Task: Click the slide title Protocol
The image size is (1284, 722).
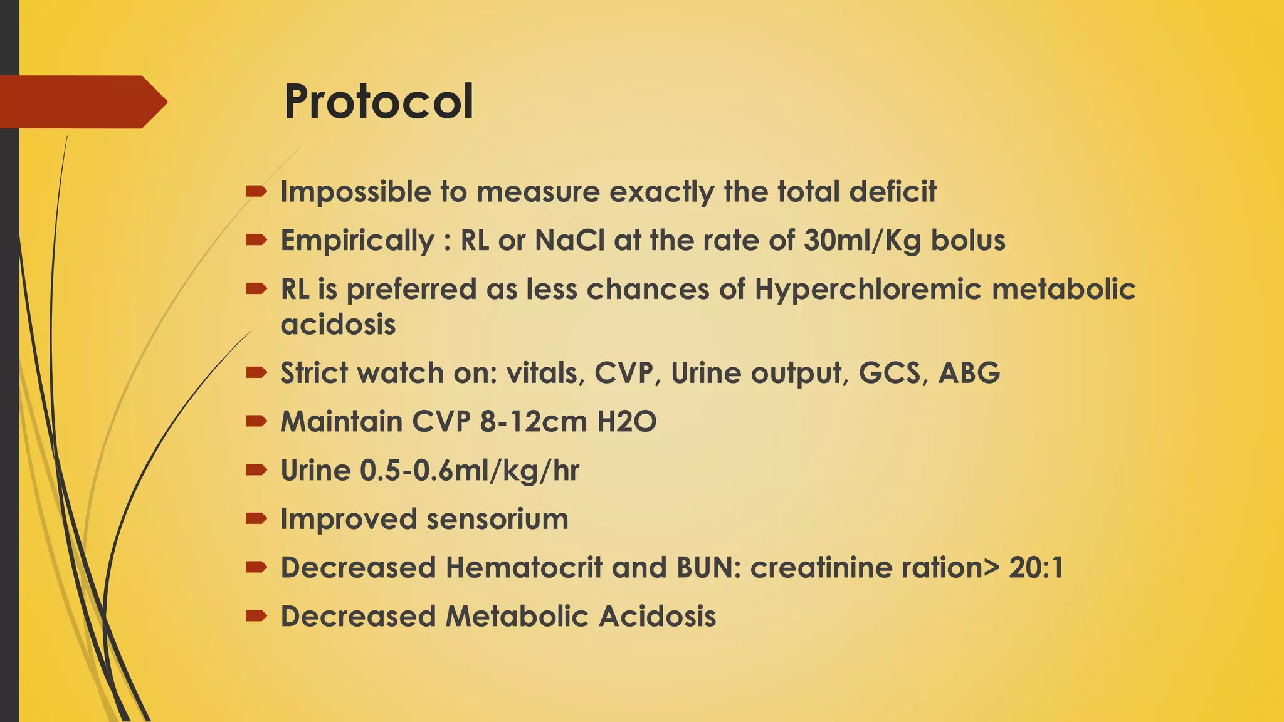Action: [x=379, y=102]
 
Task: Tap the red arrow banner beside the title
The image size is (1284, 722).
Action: [x=82, y=102]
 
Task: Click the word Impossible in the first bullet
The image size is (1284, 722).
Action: [x=355, y=192]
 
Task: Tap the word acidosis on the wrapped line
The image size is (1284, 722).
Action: [x=338, y=325]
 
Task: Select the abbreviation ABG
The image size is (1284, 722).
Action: [x=969, y=373]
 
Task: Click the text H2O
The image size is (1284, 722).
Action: [x=626, y=421]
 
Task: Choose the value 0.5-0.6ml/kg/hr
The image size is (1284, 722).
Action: [x=469, y=471]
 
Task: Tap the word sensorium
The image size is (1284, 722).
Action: [x=497, y=519]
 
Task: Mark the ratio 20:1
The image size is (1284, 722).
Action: [x=1036, y=568]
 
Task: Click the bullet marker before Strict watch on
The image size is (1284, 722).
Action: [x=256, y=373]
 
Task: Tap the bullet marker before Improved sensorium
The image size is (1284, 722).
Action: [x=256, y=518]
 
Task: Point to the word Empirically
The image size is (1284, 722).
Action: [x=357, y=241]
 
